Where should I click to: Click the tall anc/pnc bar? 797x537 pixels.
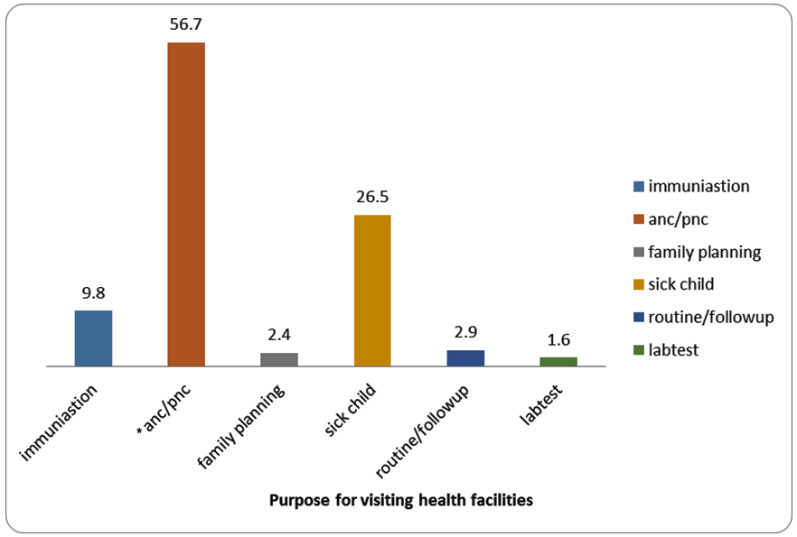[186, 204]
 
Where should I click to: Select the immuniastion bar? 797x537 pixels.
[93, 338]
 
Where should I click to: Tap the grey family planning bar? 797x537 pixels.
[279, 359]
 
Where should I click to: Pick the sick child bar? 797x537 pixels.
[372, 290]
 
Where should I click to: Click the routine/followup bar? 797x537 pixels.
[465, 358]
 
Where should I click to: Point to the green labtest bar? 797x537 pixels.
[558, 361]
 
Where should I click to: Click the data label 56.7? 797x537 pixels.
[186, 24]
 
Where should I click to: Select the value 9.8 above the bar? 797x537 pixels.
[93, 292]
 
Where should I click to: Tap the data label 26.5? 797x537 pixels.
[372, 197]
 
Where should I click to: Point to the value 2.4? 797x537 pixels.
[279, 335]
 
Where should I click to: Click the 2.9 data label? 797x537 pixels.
[465, 332]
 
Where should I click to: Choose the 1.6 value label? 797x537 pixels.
[558, 339]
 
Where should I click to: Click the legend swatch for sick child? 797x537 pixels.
[639, 284]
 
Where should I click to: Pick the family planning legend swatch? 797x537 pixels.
[639, 252]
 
